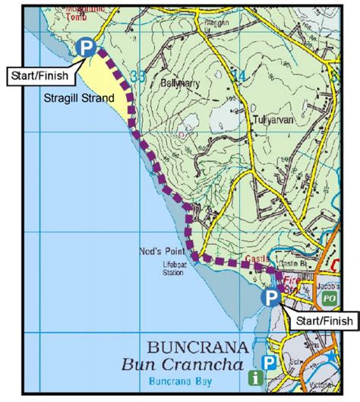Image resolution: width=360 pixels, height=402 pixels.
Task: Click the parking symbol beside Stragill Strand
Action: [x=87, y=49]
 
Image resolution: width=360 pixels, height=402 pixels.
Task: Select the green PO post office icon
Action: [x=328, y=299]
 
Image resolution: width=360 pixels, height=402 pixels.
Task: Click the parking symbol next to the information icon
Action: [x=267, y=362]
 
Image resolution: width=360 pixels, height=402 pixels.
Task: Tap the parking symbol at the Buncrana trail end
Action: [x=270, y=297]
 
